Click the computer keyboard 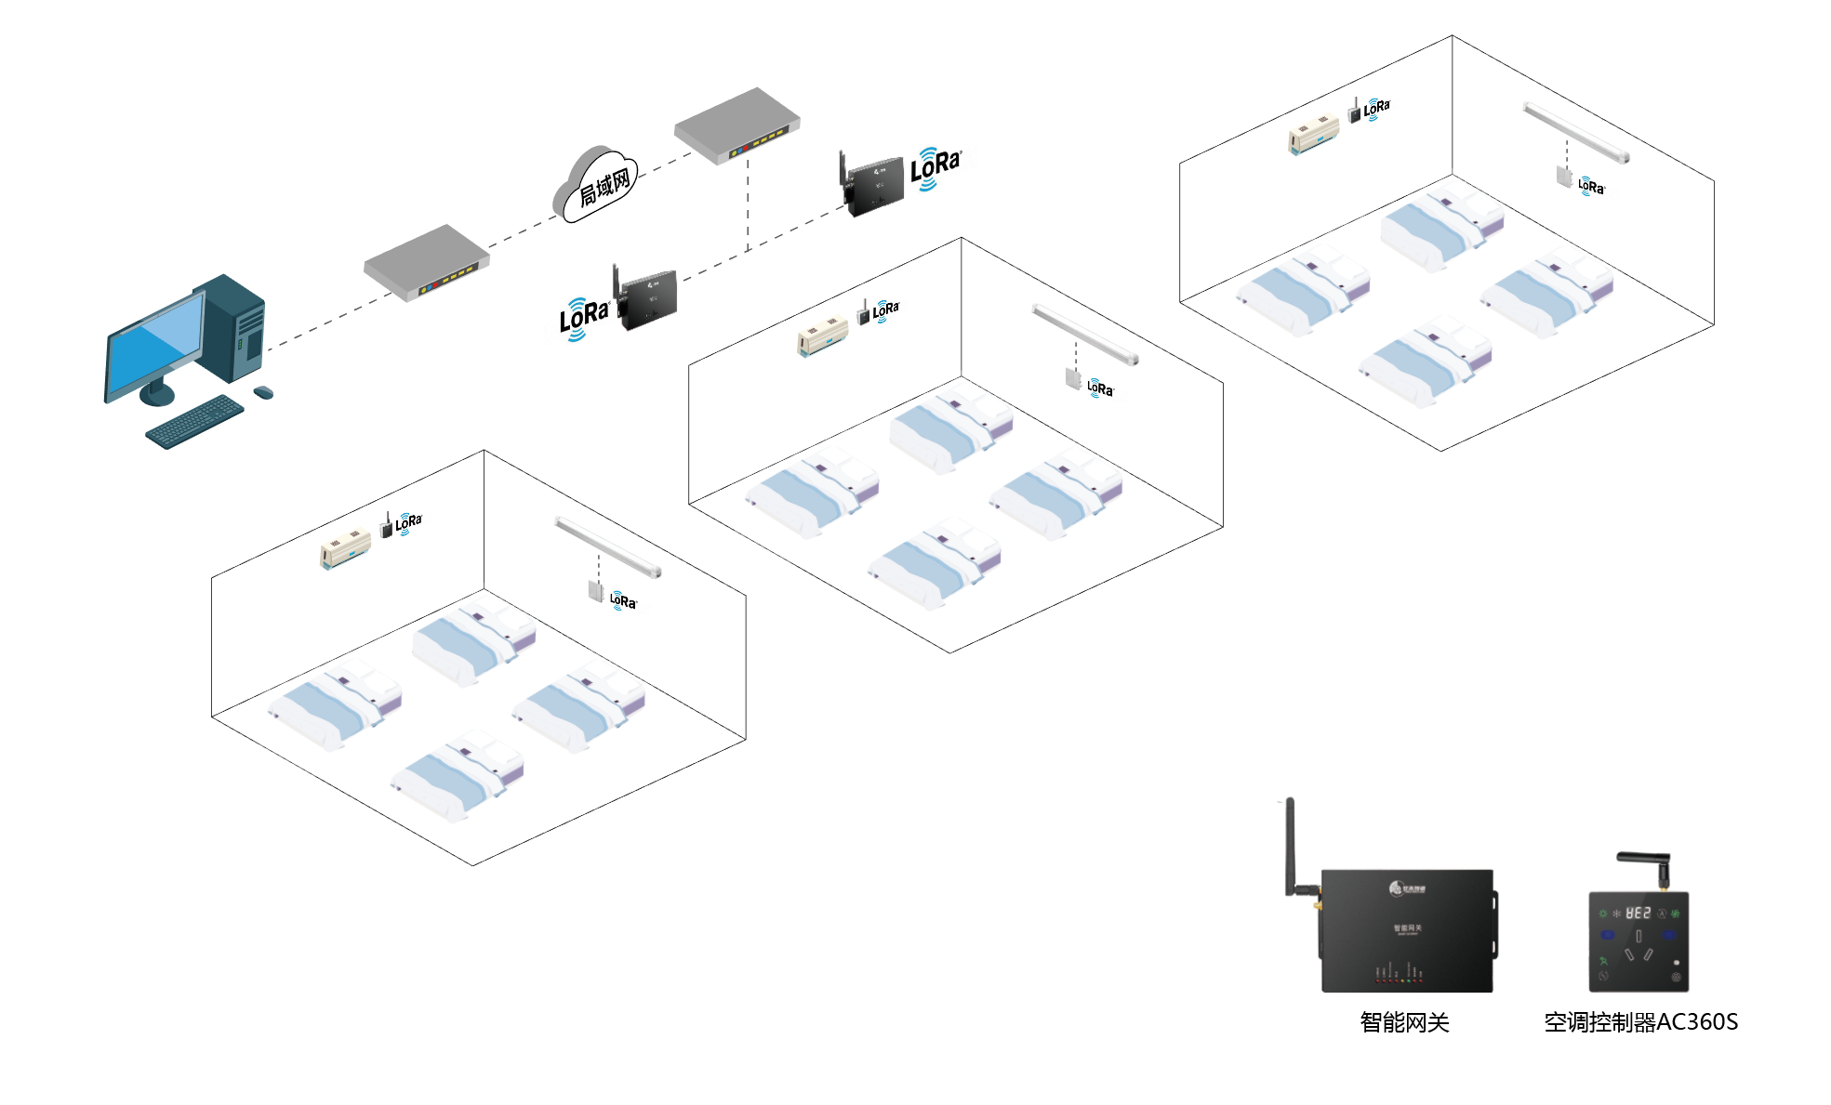coord(194,421)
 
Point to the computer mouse coord(264,392)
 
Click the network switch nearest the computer coord(427,262)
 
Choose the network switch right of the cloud coord(737,125)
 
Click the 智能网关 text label coord(1404,1022)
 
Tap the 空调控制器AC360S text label coord(1640,1022)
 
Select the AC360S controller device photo coord(1639,939)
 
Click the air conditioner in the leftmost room coord(346,548)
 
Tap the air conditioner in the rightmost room coord(1313,136)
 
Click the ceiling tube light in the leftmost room coord(608,546)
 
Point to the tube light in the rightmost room coord(1576,132)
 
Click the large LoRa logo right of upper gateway coord(935,167)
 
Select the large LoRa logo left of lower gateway coord(583,318)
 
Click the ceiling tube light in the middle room coord(1085,334)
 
